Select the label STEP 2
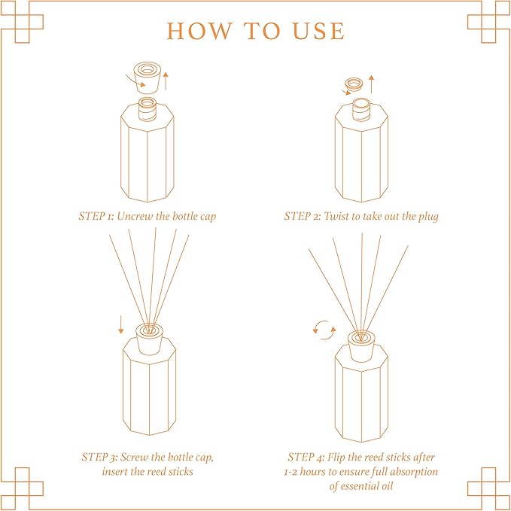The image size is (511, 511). coord(302,216)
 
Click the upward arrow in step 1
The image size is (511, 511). coord(166,80)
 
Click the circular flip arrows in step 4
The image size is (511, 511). coord(324,330)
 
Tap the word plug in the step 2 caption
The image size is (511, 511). coord(426,216)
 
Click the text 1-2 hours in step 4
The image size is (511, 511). coord(309,472)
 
